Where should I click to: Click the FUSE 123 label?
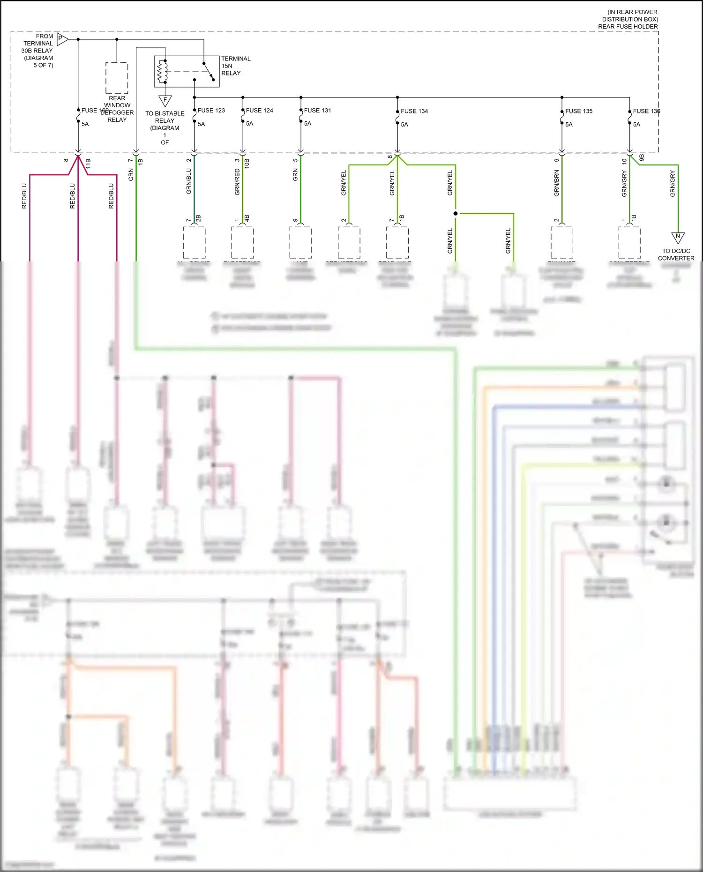[211, 111]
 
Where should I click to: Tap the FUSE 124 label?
[259, 111]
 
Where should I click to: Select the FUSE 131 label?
[317, 111]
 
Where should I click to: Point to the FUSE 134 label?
[414, 111]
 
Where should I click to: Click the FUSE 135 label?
[579, 111]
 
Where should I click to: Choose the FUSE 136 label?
[646, 111]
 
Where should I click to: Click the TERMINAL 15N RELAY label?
[235, 66]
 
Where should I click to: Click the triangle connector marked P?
[61, 39]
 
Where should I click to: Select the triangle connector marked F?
[165, 100]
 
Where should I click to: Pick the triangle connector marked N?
[678, 237]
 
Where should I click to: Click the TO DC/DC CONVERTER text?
[676, 254]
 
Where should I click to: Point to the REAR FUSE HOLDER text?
[628, 27]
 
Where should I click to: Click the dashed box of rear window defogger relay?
[117, 78]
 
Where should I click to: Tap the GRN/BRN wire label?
[556, 183]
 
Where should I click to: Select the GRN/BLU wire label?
[189, 182]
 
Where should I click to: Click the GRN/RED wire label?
[237, 182]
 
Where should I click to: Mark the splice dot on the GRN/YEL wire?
[456, 214]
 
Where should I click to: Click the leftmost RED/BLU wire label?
[24, 196]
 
